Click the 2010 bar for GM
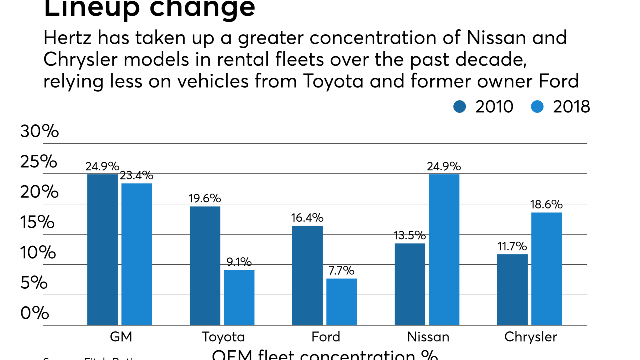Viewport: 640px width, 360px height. tap(102, 250)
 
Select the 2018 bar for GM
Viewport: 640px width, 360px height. tap(137, 254)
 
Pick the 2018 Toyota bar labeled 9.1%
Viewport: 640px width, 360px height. tap(239, 298)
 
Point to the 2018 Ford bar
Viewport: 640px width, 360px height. tap(342, 302)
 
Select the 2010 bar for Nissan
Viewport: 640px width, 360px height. tap(410, 284)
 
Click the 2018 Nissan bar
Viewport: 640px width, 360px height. tap(444, 250)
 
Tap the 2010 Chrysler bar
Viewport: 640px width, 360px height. tap(512, 290)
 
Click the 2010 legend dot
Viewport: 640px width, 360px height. tap(460, 106)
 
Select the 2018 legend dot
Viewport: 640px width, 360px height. tap(537, 106)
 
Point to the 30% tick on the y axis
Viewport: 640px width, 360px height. tap(39, 131)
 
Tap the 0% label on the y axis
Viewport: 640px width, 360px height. tap(35, 313)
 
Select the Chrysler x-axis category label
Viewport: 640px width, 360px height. tap(530, 337)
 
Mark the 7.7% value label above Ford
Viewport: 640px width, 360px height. tap(342, 271)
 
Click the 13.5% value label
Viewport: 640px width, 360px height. tap(410, 236)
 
